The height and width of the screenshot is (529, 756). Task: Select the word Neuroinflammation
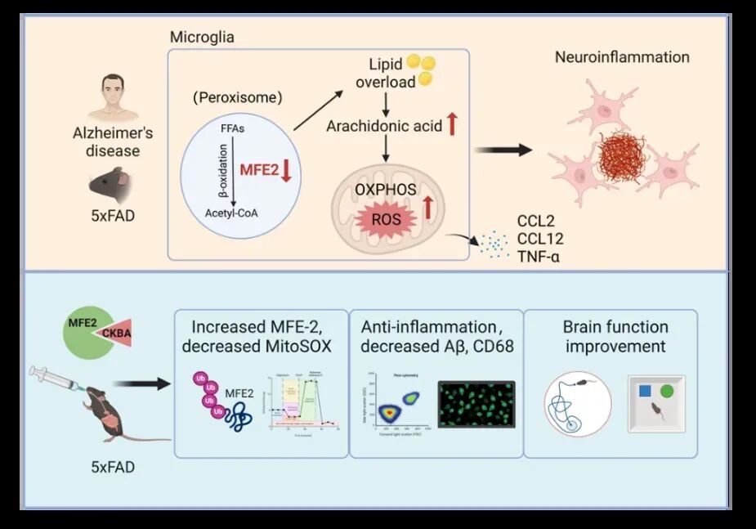coord(622,57)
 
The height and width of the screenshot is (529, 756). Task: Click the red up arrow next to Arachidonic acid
coord(452,125)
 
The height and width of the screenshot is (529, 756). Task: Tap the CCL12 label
coord(540,240)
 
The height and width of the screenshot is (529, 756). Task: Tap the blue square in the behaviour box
coord(645,391)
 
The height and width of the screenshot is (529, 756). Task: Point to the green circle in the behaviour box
coord(667,391)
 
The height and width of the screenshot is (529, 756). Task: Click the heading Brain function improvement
coord(615,336)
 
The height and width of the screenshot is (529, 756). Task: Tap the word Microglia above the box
coord(202,38)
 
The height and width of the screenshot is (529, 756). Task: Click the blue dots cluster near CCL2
coord(493,243)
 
